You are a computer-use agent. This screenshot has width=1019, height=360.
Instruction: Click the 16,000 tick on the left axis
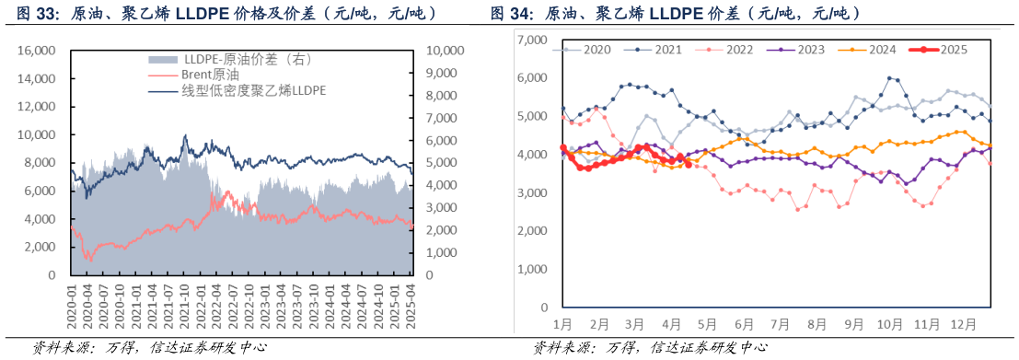(40, 51)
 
